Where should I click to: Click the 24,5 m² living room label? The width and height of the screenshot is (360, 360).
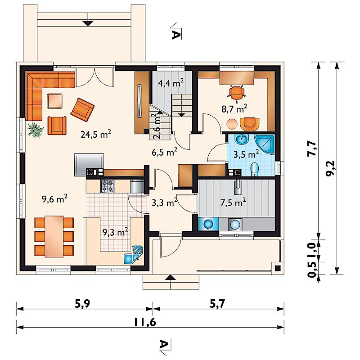click(x=96, y=134)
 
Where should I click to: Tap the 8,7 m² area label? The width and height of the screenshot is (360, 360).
click(x=234, y=108)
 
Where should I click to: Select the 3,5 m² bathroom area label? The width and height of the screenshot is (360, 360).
click(x=246, y=154)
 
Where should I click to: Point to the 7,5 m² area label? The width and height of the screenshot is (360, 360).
click(x=233, y=202)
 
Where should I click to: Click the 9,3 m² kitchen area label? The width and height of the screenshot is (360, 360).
click(x=115, y=232)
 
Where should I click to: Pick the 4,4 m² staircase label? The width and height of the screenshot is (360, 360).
click(x=171, y=83)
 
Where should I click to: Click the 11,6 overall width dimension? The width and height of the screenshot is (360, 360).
click(x=145, y=322)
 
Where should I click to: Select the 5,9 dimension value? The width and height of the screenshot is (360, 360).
click(x=82, y=304)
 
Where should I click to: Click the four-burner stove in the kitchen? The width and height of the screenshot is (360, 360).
click(x=107, y=186)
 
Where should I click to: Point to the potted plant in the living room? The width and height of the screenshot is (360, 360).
click(x=35, y=130)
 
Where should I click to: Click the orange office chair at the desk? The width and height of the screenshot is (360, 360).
click(x=237, y=92)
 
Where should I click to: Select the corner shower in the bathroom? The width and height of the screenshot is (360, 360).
click(x=265, y=144)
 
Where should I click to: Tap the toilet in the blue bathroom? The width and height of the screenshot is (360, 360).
click(x=254, y=170)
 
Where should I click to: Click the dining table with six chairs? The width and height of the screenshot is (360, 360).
click(x=54, y=237)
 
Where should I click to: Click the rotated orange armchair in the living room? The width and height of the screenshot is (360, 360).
click(x=82, y=110)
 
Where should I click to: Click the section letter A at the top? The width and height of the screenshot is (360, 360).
click(x=176, y=35)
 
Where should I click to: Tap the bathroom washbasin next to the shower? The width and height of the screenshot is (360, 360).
click(x=242, y=139)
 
